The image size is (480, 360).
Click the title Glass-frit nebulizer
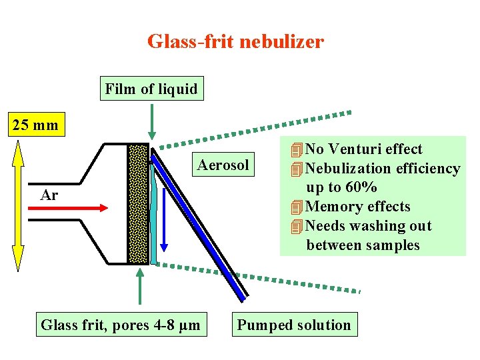235,42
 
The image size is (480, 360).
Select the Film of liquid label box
151,89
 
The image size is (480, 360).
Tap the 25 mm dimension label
36,125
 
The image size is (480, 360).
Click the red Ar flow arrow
67,208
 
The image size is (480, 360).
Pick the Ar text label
49,195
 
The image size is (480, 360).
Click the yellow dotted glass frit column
138,203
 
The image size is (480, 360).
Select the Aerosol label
223,165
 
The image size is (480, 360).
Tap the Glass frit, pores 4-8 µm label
120,325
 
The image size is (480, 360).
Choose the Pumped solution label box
294,325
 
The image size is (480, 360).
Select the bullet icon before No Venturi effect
297,149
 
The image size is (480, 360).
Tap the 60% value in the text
360,187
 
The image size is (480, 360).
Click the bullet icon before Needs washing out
297,227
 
